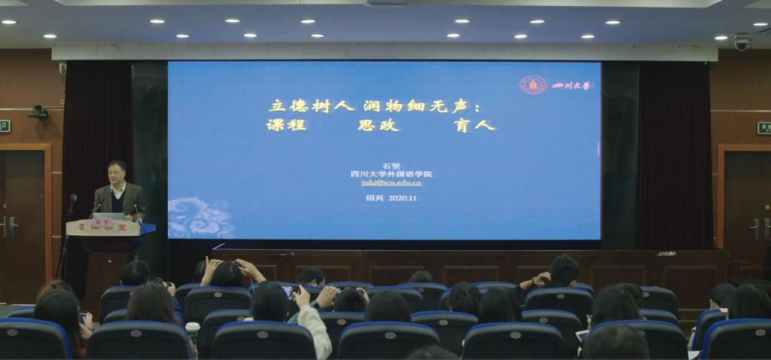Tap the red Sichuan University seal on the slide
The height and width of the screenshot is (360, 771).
532,85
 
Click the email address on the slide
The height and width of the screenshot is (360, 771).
386,182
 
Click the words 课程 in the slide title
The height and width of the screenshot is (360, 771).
286,125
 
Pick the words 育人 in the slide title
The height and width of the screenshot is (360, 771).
474,125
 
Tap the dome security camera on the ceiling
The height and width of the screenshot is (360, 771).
742,43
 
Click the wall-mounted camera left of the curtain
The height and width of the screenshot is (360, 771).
38,111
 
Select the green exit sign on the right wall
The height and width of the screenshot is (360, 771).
763,127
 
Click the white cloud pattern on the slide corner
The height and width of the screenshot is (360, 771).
200,218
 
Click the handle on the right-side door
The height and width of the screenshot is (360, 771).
756,228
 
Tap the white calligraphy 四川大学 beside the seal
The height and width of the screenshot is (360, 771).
573,85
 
